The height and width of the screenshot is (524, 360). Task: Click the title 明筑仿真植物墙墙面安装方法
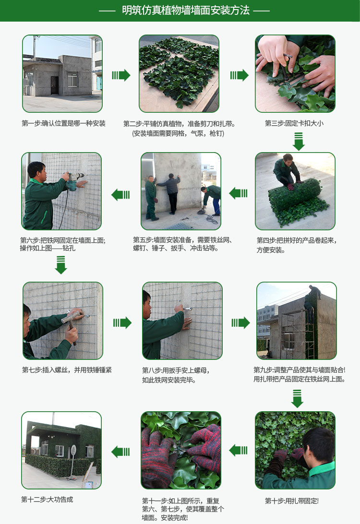186,11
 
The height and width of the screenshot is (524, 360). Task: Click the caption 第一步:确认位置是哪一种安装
63,123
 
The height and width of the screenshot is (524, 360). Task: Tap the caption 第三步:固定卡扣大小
294,123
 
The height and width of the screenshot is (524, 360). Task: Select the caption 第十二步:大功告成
47,500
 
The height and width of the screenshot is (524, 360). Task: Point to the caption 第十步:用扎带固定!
292,501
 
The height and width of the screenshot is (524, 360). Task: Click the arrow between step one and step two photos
121,75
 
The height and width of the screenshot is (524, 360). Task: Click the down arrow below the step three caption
299,142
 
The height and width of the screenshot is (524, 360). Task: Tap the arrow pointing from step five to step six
120,194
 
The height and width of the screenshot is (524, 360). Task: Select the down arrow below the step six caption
61,265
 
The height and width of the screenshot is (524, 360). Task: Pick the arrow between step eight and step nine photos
240,322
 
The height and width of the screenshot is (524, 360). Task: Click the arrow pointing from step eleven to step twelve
120,452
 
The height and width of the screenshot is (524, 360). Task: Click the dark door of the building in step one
55,85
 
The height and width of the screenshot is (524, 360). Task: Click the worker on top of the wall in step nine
314,292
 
